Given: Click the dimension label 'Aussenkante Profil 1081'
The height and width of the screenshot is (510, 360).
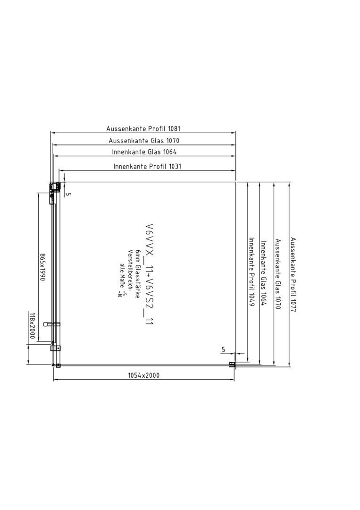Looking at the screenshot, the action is point(143,128).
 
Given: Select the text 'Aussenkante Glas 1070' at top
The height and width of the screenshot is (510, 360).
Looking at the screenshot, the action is point(144,141).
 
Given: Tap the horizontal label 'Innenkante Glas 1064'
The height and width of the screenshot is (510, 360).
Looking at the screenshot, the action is point(144,152).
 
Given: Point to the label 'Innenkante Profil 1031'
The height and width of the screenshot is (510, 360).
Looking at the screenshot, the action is point(147,167).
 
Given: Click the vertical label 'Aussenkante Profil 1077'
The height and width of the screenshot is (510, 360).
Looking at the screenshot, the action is point(293,275).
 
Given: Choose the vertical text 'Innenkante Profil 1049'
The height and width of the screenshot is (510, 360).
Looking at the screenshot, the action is point(251,272).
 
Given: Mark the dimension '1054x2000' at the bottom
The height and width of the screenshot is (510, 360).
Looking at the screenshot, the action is point(143,375).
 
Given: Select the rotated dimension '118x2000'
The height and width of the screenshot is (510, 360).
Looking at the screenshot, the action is point(32,325).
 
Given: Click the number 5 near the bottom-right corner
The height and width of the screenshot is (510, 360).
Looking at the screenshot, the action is point(223,349).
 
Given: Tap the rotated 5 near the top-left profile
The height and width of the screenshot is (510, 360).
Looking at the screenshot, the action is point(68,194).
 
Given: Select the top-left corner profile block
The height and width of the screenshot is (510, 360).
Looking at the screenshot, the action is point(55,187).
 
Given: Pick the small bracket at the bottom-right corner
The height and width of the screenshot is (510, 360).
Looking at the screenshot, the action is point(232,365).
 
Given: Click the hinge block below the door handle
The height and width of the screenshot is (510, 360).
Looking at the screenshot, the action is point(56,348).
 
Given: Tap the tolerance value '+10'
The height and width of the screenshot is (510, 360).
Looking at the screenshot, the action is point(119,294).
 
